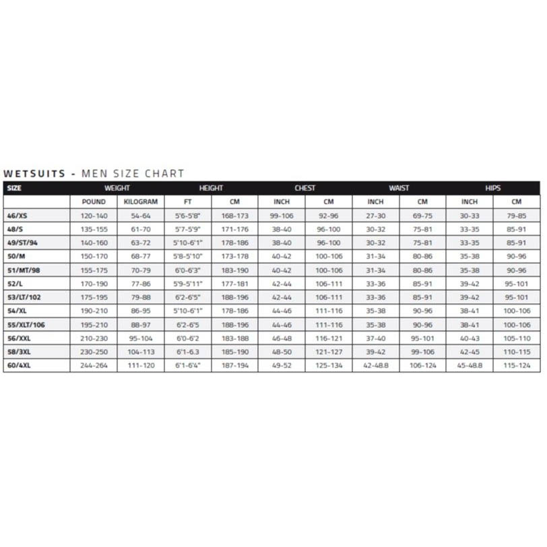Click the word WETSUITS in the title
click(34, 174)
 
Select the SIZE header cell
click(14, 188)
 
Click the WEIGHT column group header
click(117, 188)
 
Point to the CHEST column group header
click(304, 188)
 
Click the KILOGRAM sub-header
click(141, 201)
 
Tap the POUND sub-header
click(94, 201)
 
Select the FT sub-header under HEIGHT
click(187, 201)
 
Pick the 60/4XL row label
click(20, 365)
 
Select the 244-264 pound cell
click(94, 365)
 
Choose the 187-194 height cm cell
click(234, 365)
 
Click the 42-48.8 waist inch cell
click(375, 365)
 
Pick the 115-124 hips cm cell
click(517, 365)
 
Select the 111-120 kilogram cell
click(141, 365)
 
